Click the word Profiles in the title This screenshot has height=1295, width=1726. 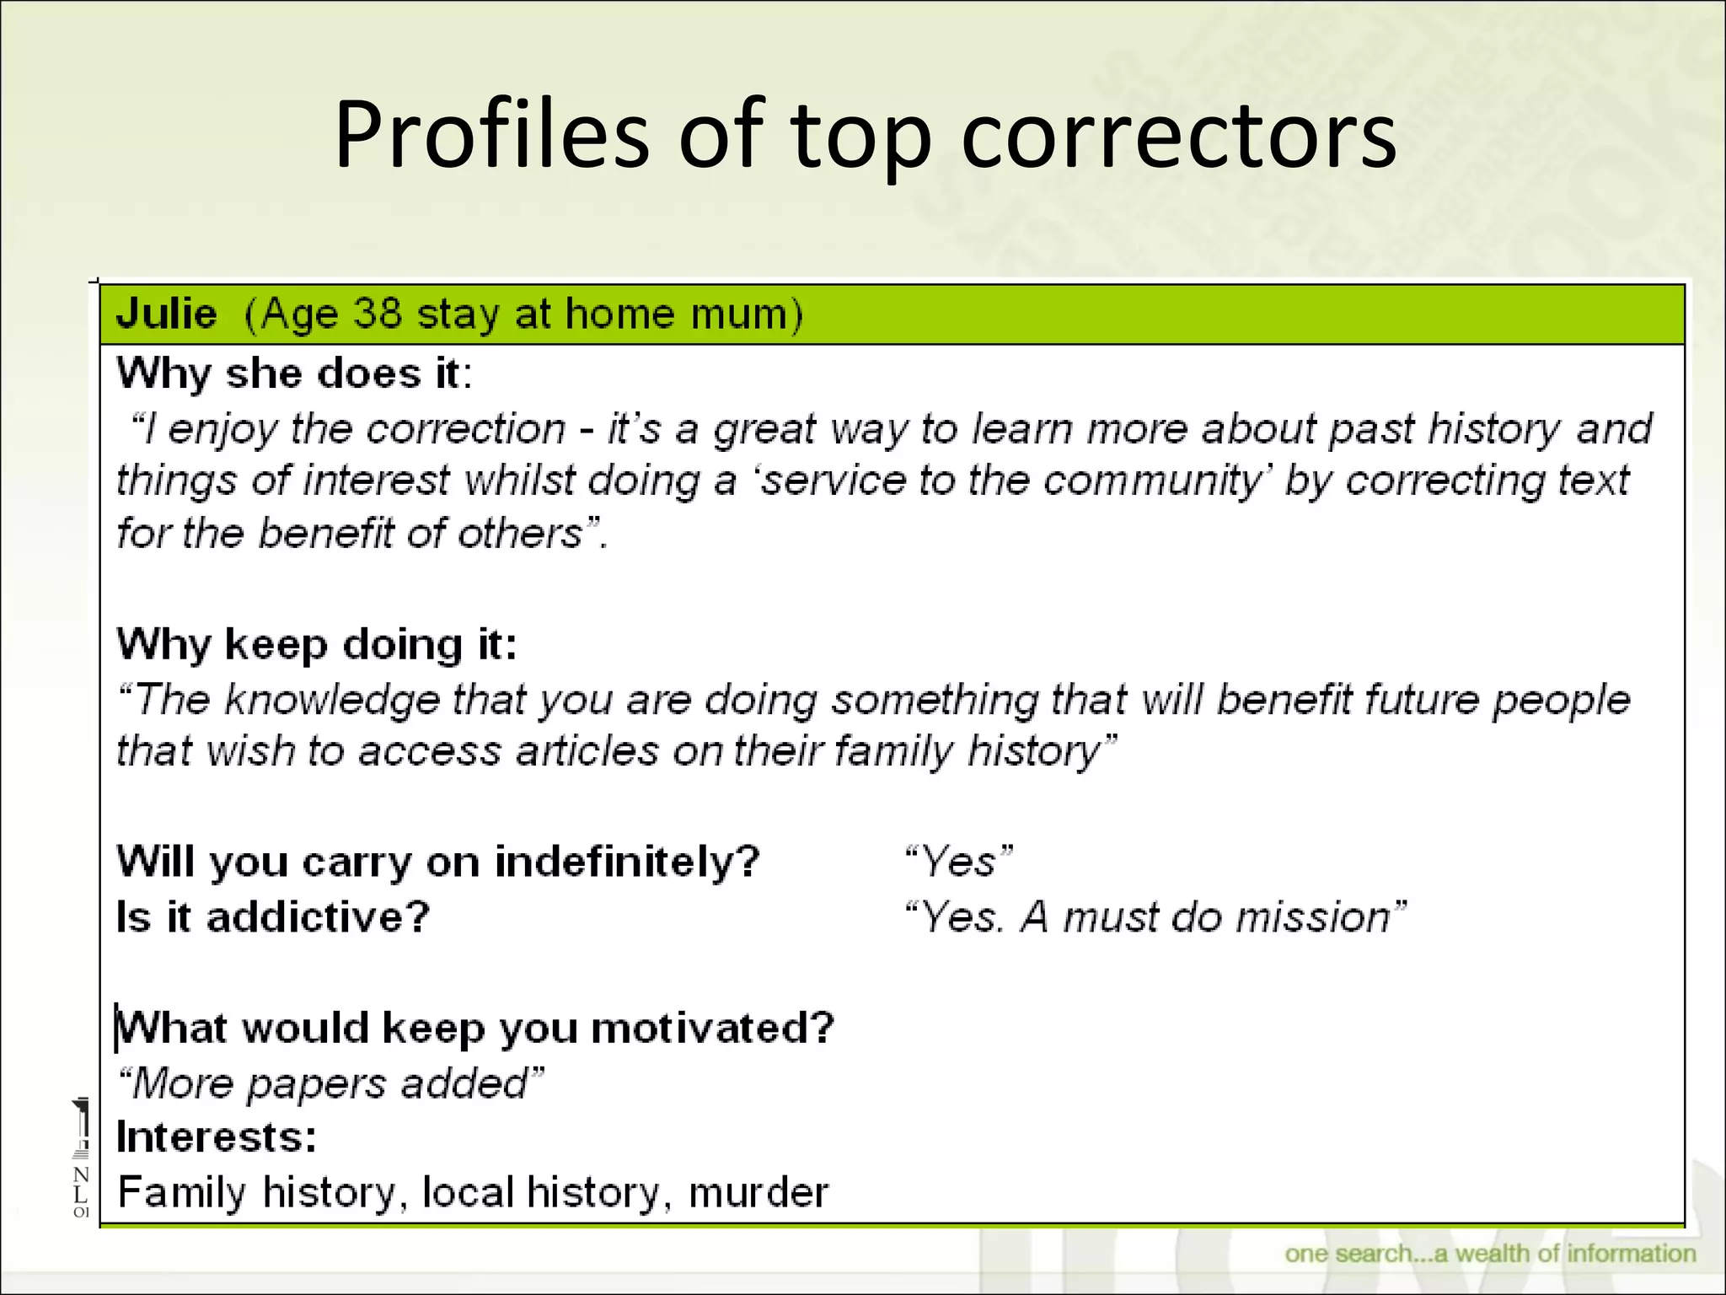(490, 135)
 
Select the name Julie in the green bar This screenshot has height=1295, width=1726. (167, 314)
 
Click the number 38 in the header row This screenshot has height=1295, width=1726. (377, 314)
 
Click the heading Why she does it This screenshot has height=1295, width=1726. (294, 373)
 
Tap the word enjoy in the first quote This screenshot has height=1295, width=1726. (222, 430)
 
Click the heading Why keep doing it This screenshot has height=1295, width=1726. (316, 645)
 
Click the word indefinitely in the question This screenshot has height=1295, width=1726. (627, 862)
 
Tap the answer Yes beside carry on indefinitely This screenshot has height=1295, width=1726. (957, 862)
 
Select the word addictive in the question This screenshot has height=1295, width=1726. (319, 917)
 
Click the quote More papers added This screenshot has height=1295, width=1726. (330, 1084)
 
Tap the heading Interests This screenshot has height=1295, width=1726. (217, 1137)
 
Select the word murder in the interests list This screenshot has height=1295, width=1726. (758, 1193)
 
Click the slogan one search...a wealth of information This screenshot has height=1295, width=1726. (1489, 1254)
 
